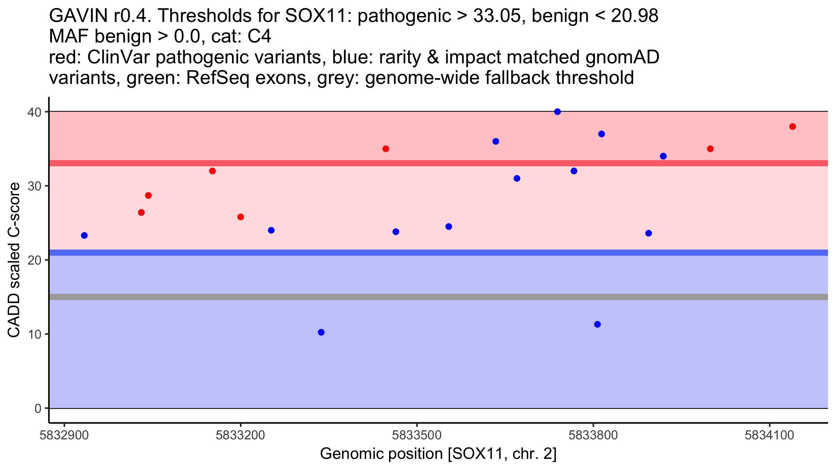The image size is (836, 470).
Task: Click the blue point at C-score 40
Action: [557, 112]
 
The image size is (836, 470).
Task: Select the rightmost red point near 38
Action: [792, 126]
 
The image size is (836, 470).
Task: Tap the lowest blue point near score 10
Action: [321, 332]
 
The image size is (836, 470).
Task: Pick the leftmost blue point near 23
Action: [84, 235]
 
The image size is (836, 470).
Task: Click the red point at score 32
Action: [212, 171]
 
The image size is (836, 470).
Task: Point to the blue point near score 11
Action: [597, 324]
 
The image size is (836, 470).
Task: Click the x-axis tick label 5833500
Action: [417, 435]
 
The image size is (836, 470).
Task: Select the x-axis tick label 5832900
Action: [64, 435]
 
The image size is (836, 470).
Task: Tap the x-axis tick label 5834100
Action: [769, 435]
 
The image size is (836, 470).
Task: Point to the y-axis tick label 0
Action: [38, 408]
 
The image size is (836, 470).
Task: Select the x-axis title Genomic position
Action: [438, 454]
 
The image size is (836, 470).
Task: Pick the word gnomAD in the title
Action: [622, 57]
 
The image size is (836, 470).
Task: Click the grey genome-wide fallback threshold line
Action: [438, 297]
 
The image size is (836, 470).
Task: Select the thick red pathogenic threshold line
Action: [438, 163]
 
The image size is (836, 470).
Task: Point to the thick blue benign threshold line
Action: [438, 253]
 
